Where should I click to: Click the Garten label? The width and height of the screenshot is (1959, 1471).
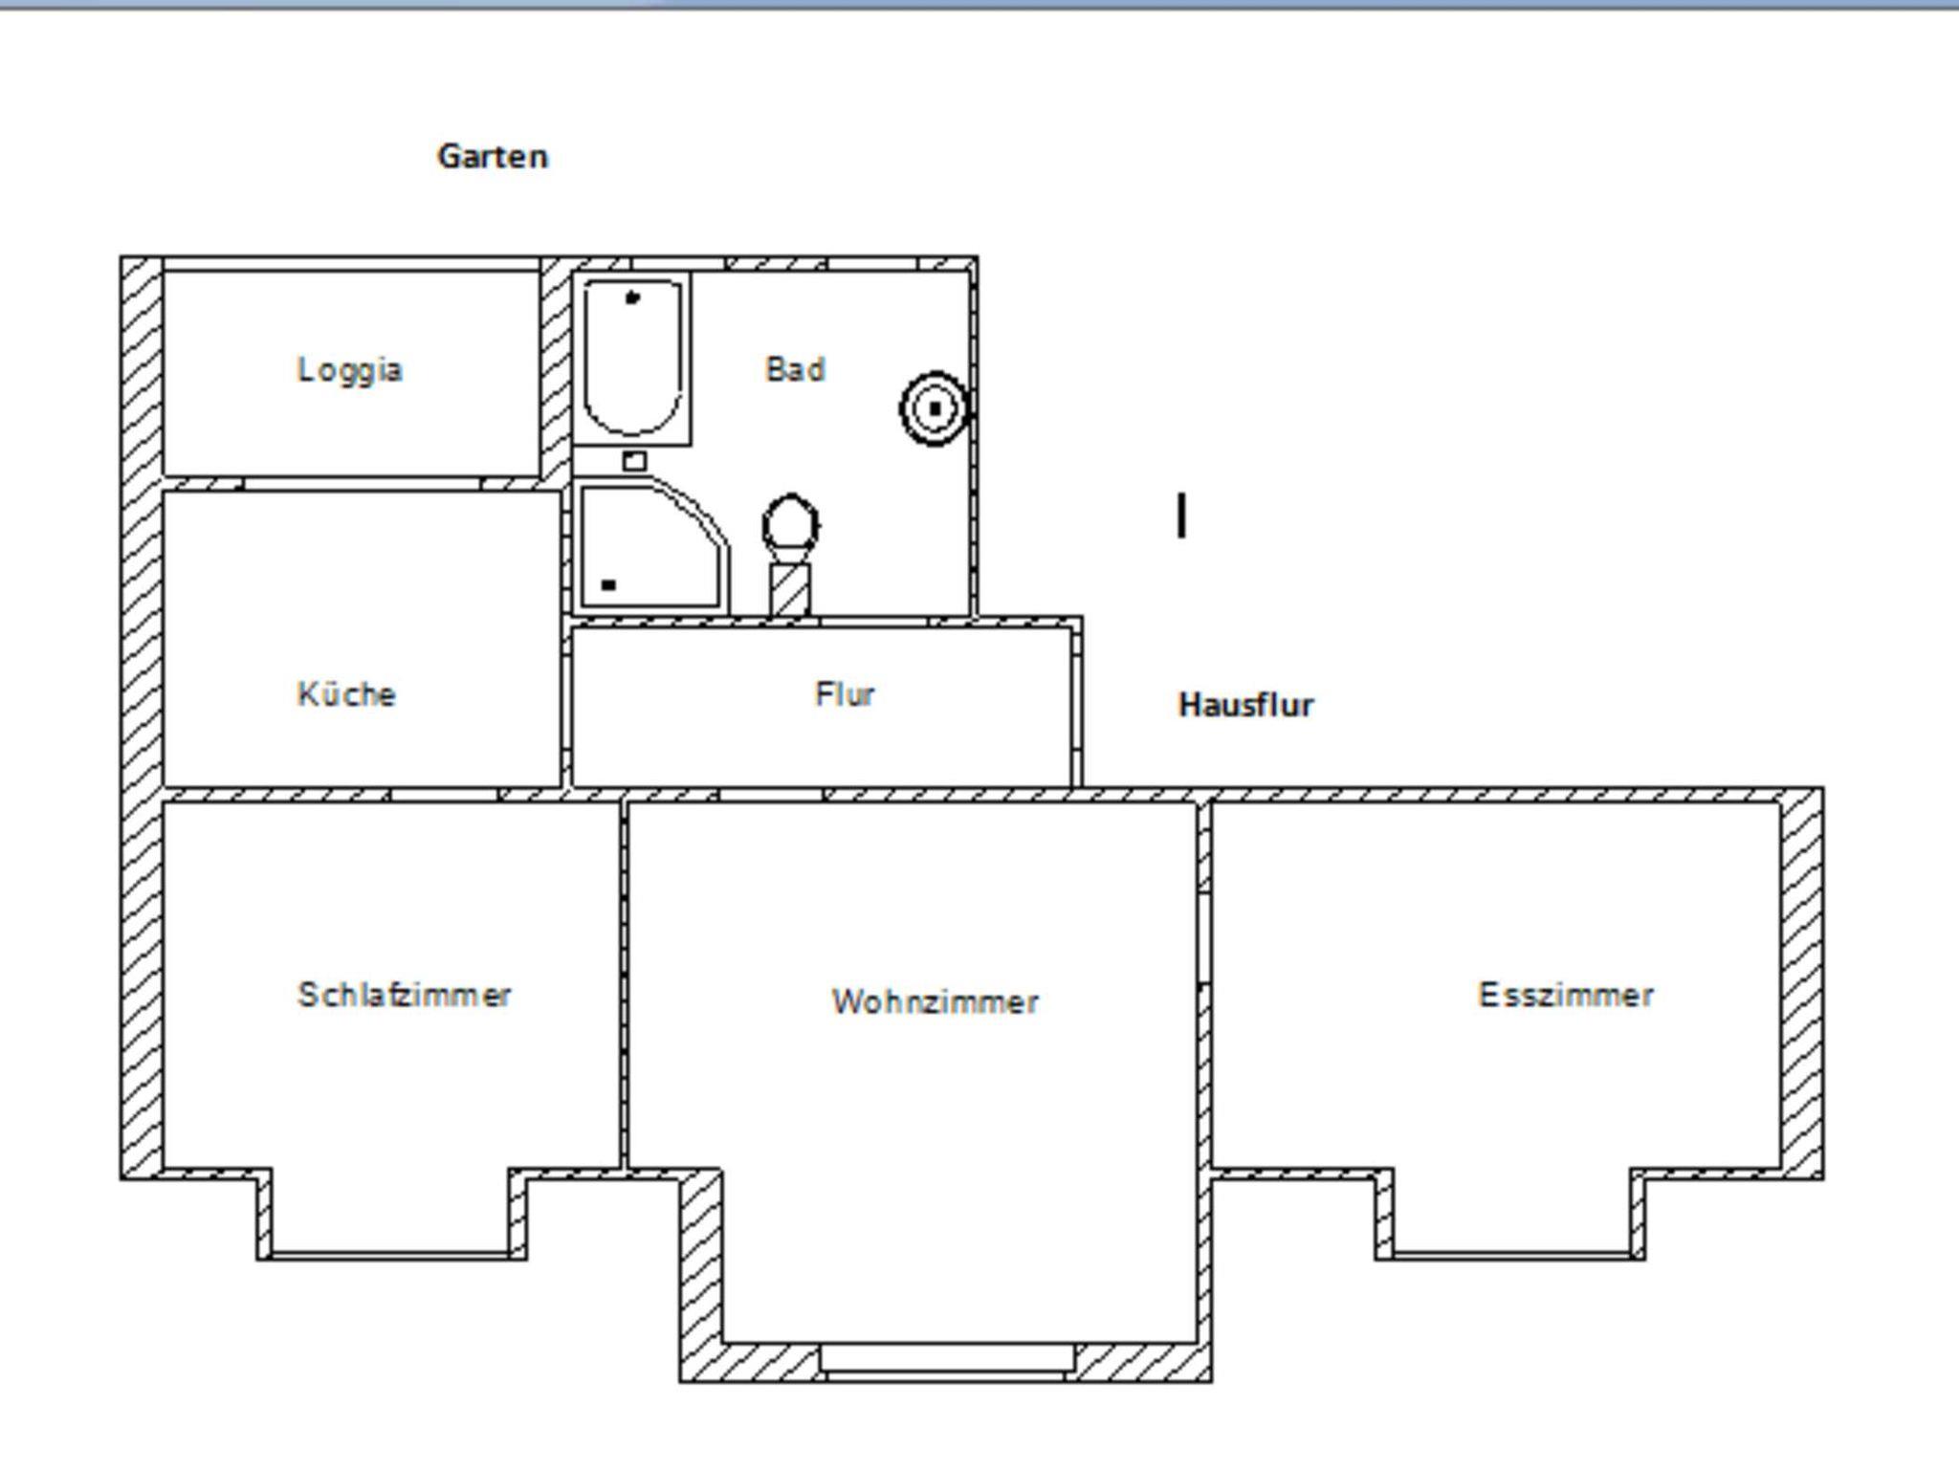[493, 156]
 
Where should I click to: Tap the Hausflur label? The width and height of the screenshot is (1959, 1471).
[1246, 705]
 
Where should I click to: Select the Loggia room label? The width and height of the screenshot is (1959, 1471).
[350, 370]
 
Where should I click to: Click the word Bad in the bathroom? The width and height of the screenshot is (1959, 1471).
[795, 369]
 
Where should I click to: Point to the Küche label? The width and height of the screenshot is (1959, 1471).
[346, 693]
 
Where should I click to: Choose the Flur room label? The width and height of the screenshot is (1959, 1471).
[845, 693]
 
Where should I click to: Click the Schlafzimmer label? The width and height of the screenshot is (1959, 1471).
[405, 995]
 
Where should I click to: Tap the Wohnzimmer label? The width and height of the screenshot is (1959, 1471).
[935, 1001]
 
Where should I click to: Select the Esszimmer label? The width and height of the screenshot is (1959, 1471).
[1566, 995]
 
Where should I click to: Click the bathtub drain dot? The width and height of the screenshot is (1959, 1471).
[631, 298]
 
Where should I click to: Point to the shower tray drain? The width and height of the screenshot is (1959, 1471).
[608, 584]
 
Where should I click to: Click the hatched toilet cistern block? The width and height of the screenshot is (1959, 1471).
[790, 589]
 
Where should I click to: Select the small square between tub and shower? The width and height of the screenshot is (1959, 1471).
[634, 462]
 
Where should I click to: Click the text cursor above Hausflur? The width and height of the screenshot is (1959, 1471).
[1182, 516]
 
